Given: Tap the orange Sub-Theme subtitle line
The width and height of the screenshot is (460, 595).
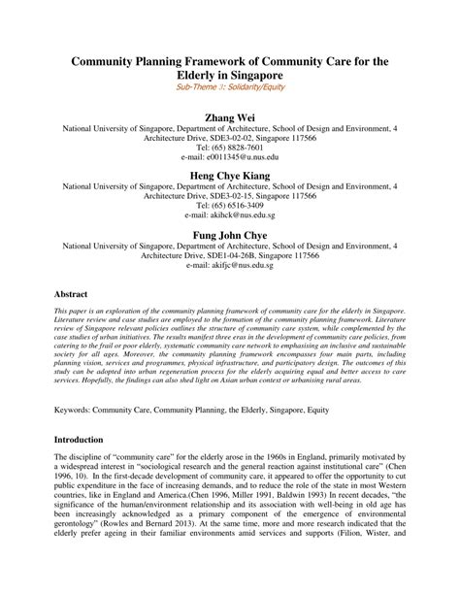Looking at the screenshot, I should tap(229, 89).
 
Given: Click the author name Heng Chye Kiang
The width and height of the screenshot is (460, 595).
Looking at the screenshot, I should tap(230, 177).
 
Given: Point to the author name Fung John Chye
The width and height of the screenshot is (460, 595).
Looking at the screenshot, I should tap(230, 234).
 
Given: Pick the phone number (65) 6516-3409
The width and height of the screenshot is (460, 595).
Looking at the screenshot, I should tap(230, 205).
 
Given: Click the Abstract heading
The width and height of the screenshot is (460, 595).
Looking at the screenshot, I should tap(72, 292).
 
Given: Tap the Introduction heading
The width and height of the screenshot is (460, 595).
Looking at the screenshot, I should tap(81, 440).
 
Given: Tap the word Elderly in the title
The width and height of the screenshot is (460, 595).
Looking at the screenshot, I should tap(202, 75).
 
